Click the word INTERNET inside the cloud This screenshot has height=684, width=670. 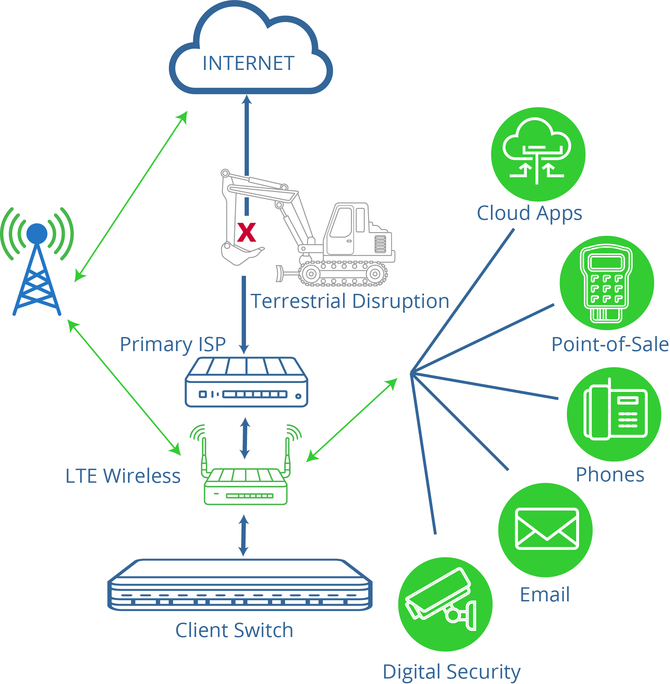point(248,63)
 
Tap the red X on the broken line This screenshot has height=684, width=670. point(246,232)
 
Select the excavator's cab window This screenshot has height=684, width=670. point(341,223)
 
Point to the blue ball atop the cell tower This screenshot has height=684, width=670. point(37,233)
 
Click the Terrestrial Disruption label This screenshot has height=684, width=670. point(350,301)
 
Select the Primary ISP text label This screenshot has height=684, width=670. point(173,344)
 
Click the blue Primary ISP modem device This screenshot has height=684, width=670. point(246,382)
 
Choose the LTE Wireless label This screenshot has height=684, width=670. point(123,476)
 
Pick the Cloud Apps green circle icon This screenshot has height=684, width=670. point(538,154)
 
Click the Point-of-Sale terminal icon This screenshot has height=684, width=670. point(606,283)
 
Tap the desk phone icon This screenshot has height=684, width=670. point(614,414)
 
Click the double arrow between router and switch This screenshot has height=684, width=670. point(244,536)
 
